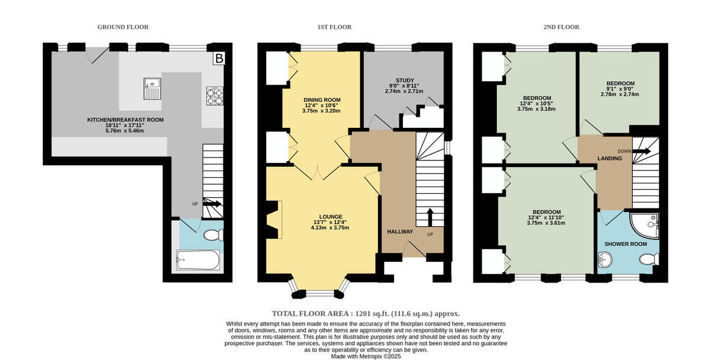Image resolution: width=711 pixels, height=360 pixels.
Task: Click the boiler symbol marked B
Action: coord(219,58)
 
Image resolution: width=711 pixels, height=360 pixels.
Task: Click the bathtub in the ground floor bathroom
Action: coord(198,259)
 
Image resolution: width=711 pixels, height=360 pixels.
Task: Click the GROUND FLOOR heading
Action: coord(123,27)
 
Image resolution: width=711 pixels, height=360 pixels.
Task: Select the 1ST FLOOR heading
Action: coord(335,27)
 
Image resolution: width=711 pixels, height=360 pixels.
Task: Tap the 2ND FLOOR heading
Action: coord(562,27)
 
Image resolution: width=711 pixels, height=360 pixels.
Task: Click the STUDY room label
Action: coord(405,80)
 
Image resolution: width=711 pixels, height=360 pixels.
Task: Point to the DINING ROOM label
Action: coord(322,99)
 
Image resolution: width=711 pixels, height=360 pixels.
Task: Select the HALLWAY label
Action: coord(400,232)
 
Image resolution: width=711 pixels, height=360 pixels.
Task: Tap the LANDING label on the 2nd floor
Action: coord(610,158)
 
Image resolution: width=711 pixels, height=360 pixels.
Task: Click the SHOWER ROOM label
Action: coord(625,244)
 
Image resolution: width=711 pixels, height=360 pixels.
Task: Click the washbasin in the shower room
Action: coord(605,259)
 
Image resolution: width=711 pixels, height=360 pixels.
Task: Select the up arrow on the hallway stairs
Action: coord(430,215)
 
